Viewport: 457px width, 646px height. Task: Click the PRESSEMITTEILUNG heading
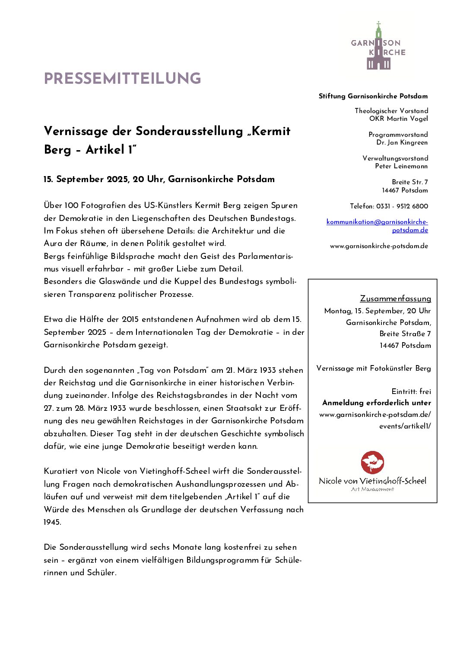[122, 79]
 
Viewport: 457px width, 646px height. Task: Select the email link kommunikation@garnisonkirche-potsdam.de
[377, 226]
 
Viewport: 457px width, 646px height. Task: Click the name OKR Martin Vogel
[398, 119]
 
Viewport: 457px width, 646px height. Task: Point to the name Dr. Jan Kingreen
[402, 142]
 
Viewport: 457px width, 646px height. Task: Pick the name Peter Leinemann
[401, 166]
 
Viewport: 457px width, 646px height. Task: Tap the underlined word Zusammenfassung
[395, 299]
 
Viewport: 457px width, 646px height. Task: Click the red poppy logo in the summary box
[372, 463]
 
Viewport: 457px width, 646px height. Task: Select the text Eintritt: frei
[411, 391]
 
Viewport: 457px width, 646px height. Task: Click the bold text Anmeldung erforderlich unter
[376, 403]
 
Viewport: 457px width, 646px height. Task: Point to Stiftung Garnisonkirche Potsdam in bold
[373, 96]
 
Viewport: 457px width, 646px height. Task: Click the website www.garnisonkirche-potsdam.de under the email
[379, 246]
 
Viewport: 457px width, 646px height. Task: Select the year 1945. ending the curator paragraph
[52, 522]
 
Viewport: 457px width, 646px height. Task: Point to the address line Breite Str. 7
[409, 182]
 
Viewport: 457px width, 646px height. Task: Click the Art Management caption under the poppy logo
[372, 489]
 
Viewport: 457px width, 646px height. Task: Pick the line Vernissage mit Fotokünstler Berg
[373, 368]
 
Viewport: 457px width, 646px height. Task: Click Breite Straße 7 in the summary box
[405, 334]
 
